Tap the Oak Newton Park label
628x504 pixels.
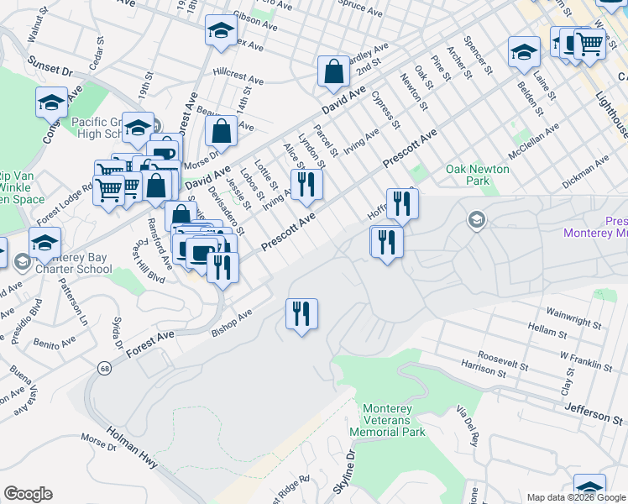pos(478,175)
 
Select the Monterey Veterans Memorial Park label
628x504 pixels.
pos(394,420)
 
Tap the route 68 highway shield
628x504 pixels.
pos(103,368)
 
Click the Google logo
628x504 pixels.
pos(28,494)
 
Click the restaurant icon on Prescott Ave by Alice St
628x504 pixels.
pos(306,185)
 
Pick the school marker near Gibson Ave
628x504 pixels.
pos(221,31)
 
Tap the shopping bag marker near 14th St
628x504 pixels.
pos(221,132)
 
